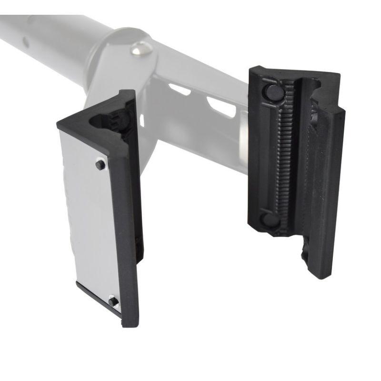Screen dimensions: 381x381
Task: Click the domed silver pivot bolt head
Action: pyautogui.click(x=140, y=48)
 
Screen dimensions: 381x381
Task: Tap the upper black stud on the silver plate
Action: pyautogui.click(x=100, y=165)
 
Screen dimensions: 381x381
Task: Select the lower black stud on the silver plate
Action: pyautogui.click(x=113, y=301)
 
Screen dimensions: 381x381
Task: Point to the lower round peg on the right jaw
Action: pyautogui.click(x=270, y=220)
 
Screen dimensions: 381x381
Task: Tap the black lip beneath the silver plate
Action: pyautogui.click(x=98, y=298)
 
